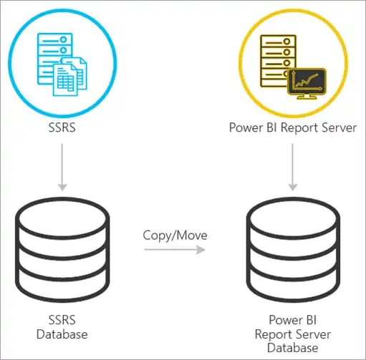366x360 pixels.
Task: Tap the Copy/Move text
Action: [174, 234]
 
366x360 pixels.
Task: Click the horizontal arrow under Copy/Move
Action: [174, 250]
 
